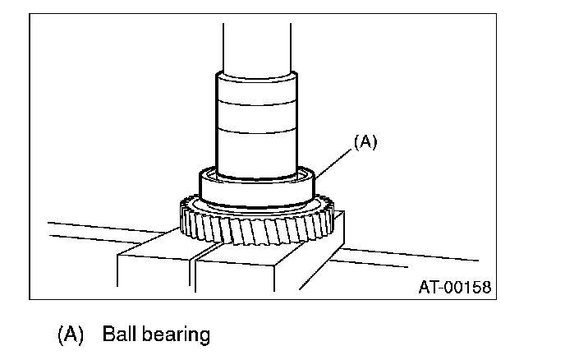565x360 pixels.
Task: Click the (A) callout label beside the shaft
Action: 364,141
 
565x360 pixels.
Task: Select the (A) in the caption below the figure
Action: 72,335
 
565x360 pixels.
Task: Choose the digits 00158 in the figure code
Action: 470,287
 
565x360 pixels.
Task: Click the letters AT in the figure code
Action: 429,287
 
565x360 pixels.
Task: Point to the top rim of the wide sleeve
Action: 255,76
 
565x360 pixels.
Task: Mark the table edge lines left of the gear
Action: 107,230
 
